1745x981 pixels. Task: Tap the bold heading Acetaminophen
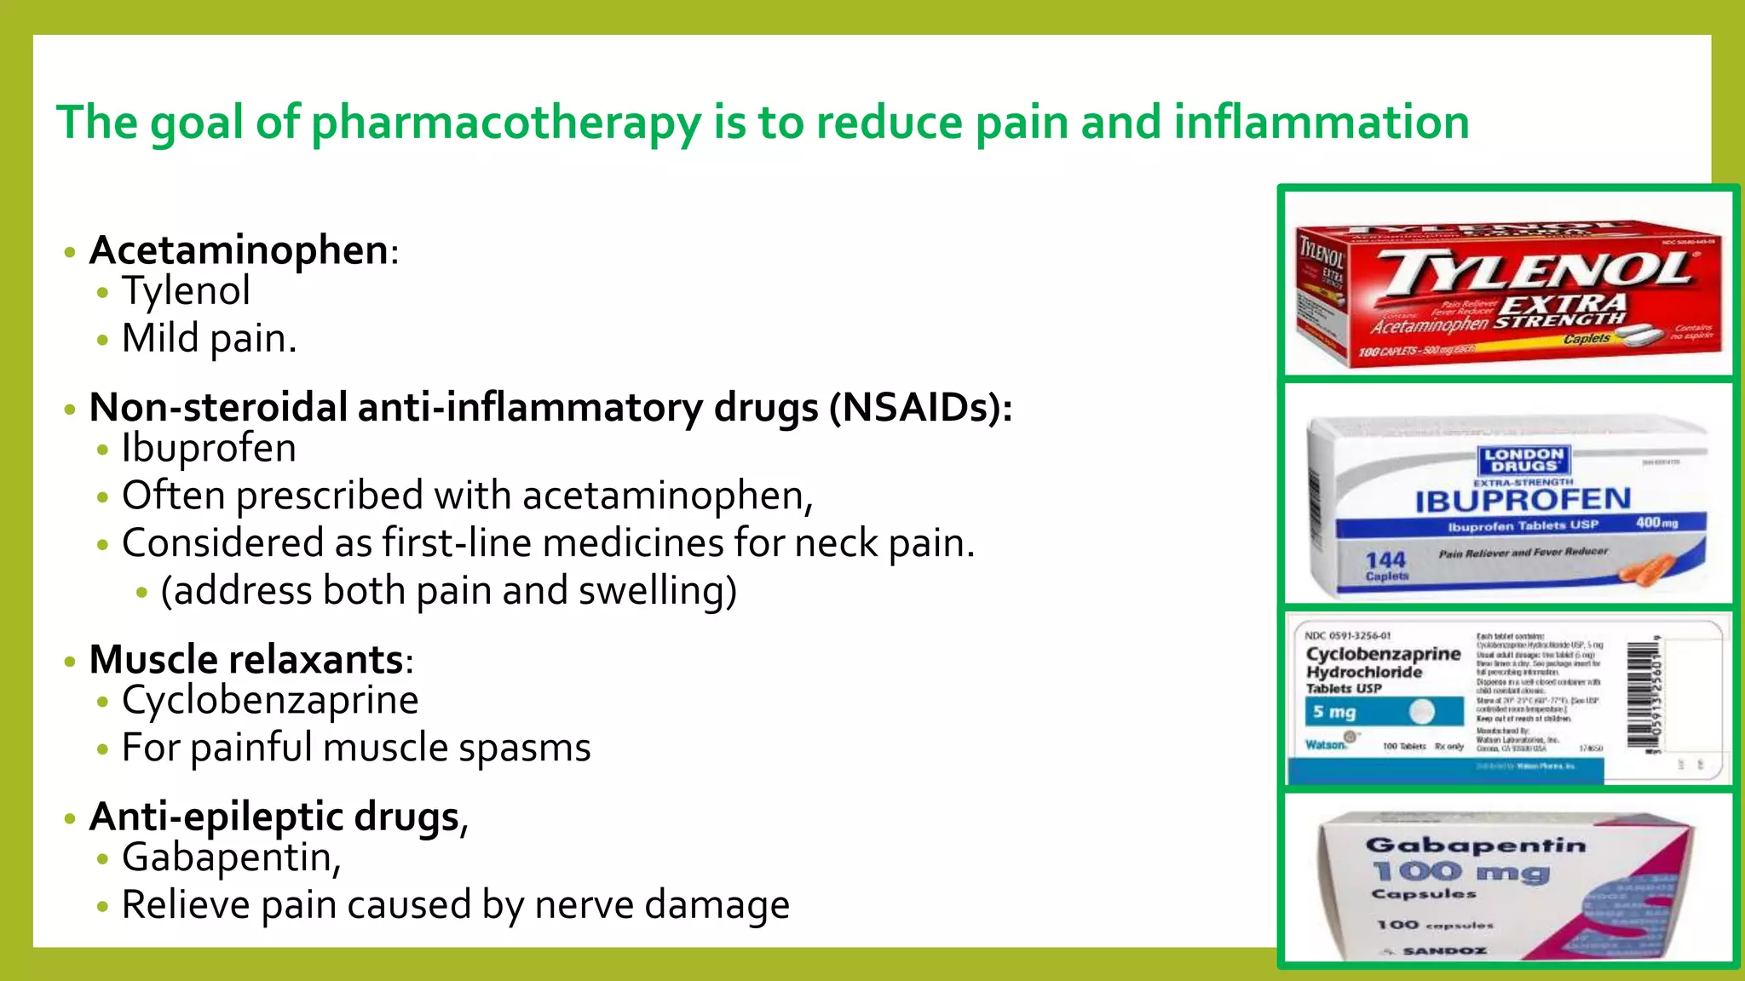[239, 250]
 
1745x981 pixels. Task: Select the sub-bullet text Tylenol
[186, 291]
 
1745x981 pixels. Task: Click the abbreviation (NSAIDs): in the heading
[921, 408]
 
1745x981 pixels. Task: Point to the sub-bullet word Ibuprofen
[209, 449]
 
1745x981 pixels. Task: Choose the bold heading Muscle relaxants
[246, 660]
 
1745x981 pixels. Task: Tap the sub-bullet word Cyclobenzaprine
[270, 701]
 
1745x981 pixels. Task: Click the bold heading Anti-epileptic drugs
[274, 817]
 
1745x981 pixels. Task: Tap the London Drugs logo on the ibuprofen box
[1523, 460]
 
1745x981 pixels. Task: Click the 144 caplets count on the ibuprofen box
[1386, 565]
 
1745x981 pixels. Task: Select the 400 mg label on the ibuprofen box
[1656, 522]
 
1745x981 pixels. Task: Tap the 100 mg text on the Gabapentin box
[1460, 872]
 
